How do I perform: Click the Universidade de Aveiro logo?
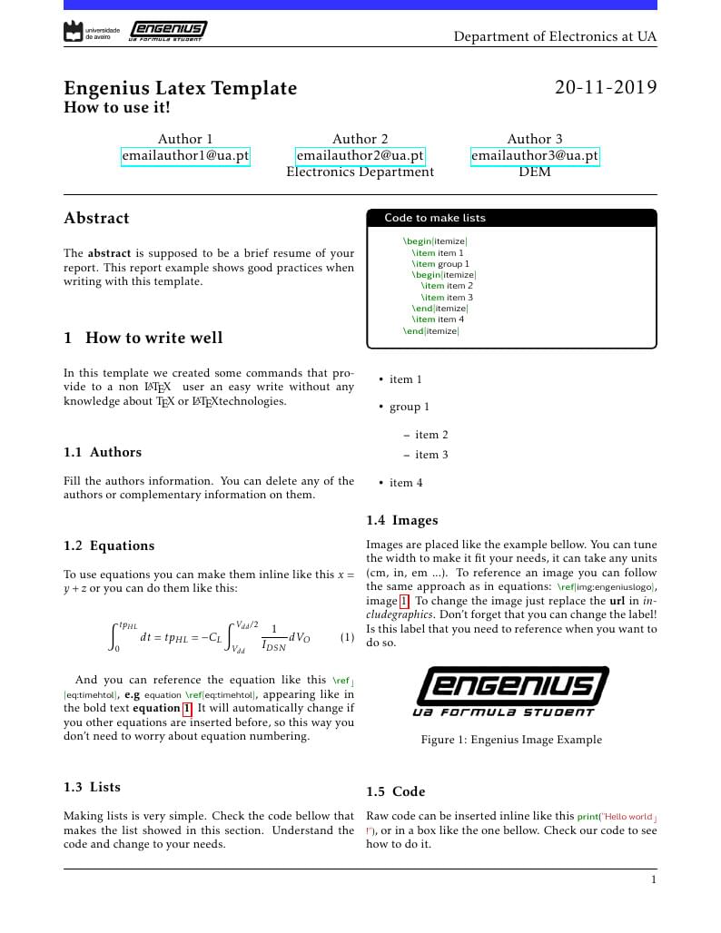click(92, 32)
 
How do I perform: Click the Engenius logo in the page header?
click(167, 32)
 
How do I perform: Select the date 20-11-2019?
click(606, 88)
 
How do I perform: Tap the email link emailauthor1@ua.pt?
click(185, 155)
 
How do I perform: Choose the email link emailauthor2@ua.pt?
click(360, 155)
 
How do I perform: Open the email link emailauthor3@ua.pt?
click(535, 155)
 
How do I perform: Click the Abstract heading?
click(96, 218)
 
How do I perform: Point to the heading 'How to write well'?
click(153, 338)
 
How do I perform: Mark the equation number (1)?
click(347, 637)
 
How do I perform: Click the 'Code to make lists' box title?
click(434, 218)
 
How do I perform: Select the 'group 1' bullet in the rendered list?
click(410, 407)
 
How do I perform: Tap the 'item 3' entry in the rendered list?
click(431, 455)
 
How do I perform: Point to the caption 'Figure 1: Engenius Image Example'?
click(511, 740)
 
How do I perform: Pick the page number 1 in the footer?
click(653, 879)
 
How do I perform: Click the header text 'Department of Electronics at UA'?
click(555, 36)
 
